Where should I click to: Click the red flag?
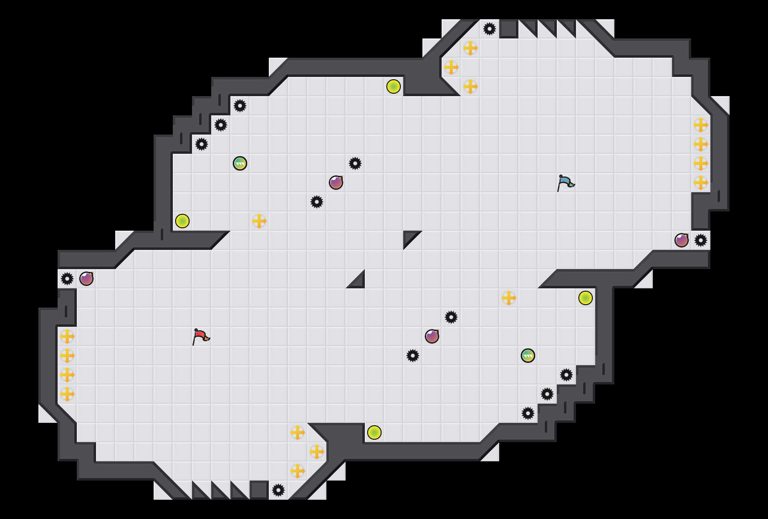[x=201, y=336]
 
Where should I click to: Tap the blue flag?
[x=565, y=183]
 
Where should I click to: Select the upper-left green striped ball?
[x=240, y=163]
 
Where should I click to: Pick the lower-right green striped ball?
[x=528, y=356]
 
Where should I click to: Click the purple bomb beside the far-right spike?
[x=682, y=240]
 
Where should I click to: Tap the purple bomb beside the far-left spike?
[x=86, y=279]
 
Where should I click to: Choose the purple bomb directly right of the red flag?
[x=432, y=336]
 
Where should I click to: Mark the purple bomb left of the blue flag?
[x=336, y=183]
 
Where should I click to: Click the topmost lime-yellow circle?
[x=394, y=86]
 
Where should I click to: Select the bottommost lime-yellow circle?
[x=374, y=432]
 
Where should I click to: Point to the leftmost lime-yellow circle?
[x=182, y=221]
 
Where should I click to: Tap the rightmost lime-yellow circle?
[x=586, y=298]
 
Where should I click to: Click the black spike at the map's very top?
[x=490, y=29]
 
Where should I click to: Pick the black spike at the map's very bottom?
[x=278, y=490]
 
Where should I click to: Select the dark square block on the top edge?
[x=509, y=29]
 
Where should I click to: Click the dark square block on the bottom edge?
[x=259, y=490]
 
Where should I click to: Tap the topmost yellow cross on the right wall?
[x=701, y=125]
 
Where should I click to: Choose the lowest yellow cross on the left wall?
[x=67, y=394]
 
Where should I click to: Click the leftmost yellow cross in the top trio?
[x=451, y=67]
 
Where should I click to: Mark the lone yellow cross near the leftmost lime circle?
[x=259, y=221]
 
